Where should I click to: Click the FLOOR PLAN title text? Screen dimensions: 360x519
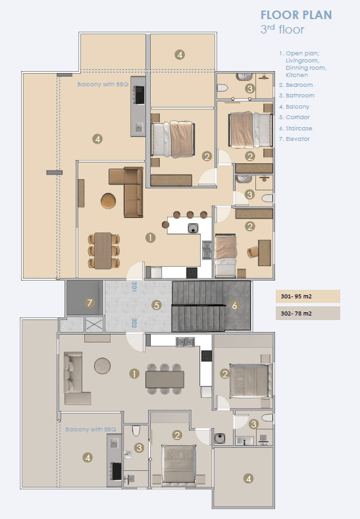(x=296, y=15)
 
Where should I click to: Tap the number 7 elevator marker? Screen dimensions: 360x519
(x=90, y=302)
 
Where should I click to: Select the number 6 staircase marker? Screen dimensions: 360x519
(x=234, y=305)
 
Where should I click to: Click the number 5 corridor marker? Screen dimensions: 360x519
(x=157, y=305)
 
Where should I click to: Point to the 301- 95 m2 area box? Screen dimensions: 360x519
(x=308, y=296)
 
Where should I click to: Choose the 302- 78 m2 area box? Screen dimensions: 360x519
(x=308, y=313)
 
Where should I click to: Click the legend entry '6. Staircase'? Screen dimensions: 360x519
(x=296, y=128)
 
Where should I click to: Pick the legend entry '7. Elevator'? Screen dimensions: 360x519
(x=294, y=139)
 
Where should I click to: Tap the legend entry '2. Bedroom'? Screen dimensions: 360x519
(x=296, y=85)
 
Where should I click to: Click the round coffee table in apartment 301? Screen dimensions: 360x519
(x=108, y=201)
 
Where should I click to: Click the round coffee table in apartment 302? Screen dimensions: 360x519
(x=102, y=366)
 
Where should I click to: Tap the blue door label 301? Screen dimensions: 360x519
(x=134, y=287)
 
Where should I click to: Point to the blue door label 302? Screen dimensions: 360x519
(x=134, y=323)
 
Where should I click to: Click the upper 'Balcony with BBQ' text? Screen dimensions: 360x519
(x=103, y=84)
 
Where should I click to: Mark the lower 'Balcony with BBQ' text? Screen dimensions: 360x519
(x=91, y=429)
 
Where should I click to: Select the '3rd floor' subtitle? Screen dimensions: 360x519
(x=282, y=29)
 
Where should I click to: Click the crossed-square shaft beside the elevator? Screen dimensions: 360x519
(x=94, y=324)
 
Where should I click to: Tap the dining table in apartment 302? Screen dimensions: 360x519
(x=165, y=379)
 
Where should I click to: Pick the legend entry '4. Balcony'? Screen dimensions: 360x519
(x=294, y=107)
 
